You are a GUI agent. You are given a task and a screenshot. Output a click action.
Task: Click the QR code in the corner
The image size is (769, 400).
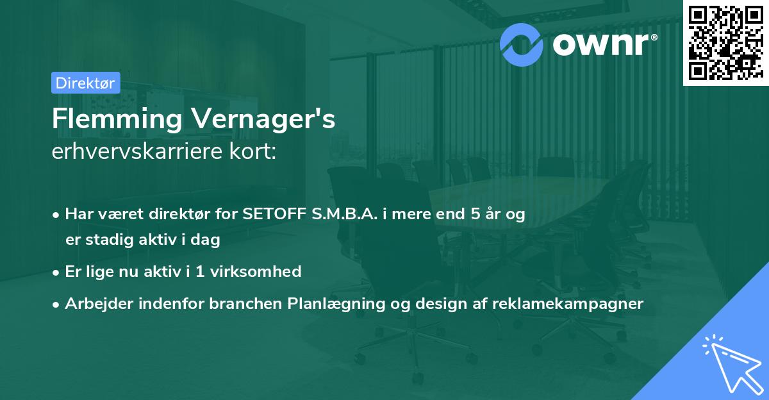(725, 42)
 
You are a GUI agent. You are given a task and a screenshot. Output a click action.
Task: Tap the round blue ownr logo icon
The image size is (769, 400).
(521, 44)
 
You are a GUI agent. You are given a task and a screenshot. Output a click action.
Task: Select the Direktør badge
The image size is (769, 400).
(85, 83)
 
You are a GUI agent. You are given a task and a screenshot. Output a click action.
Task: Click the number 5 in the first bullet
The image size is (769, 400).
(476, 214)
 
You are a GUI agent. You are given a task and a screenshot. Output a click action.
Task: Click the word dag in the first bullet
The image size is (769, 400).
(208, 240)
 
